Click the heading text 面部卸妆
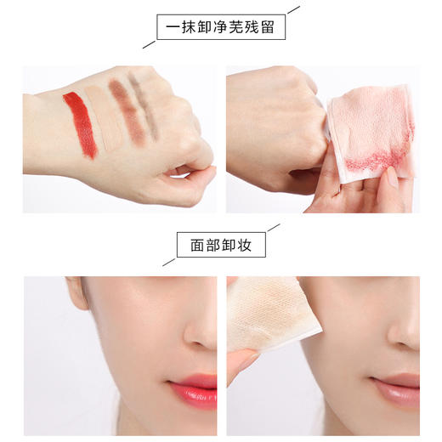(220, 246)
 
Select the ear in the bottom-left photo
(77, 293)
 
